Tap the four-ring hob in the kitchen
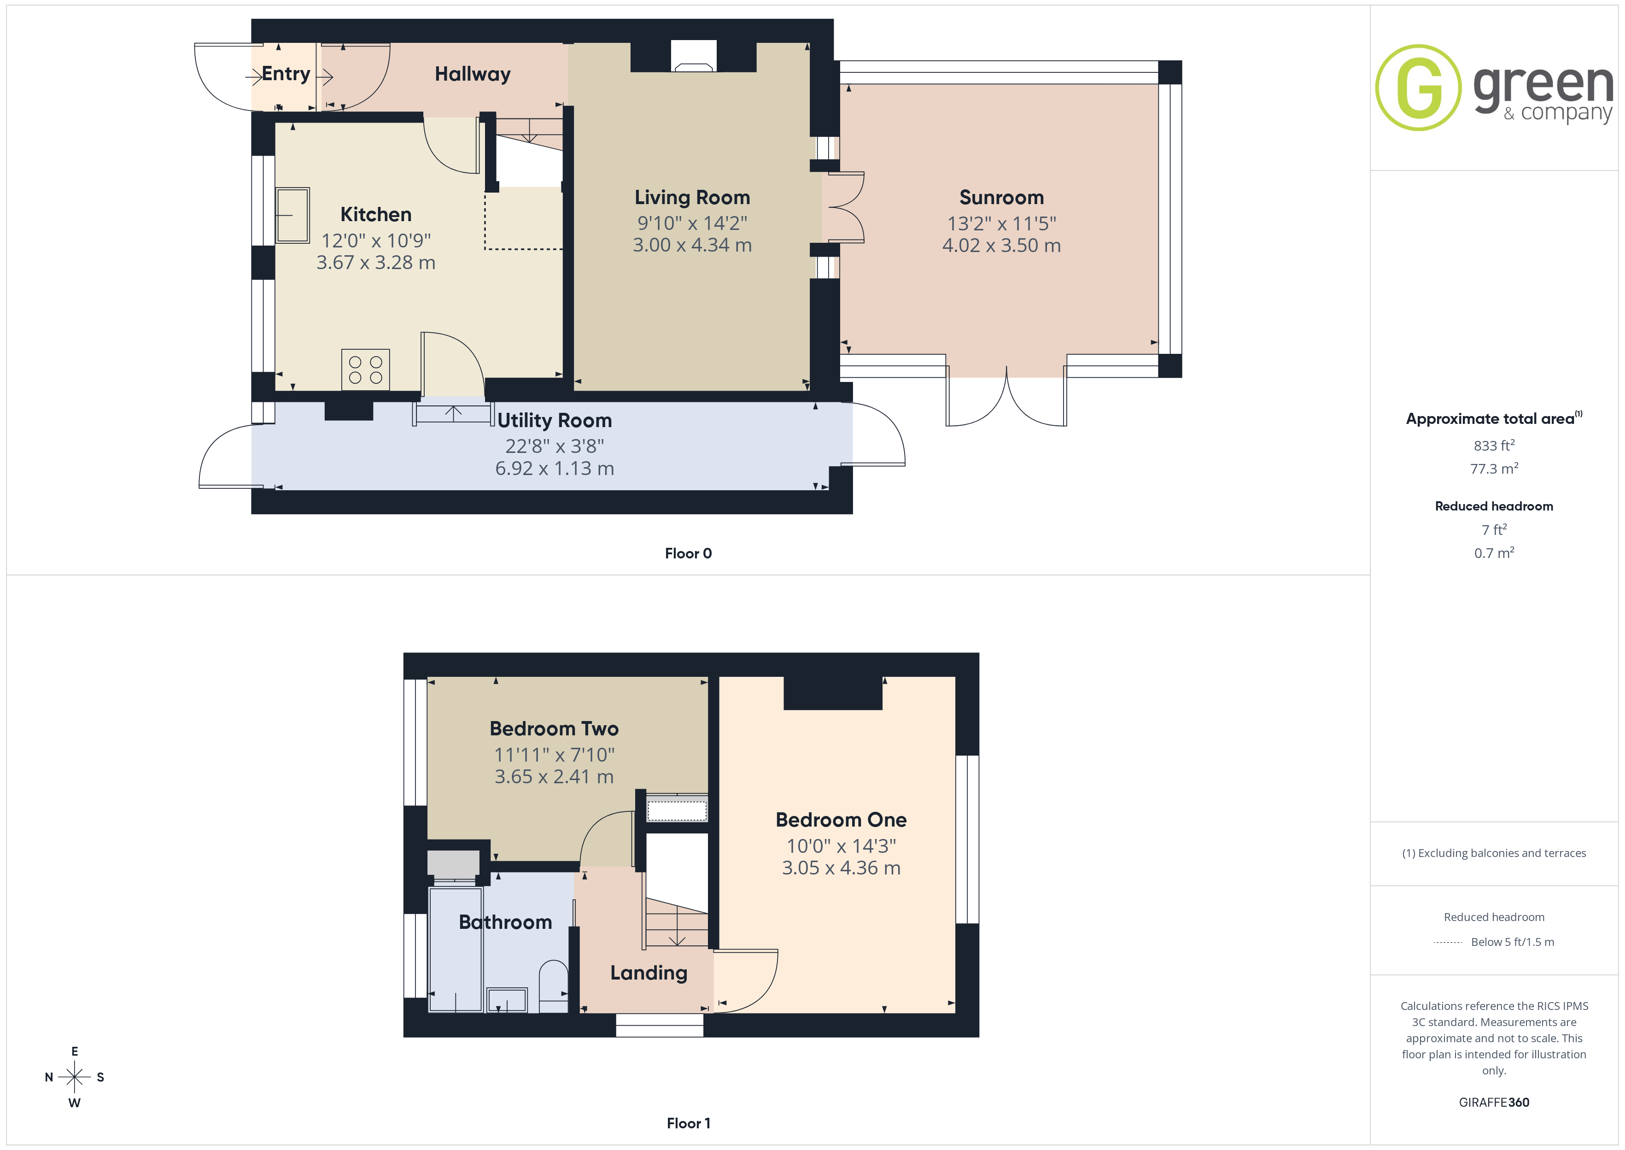(x=365, y=370)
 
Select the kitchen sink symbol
(x=292, y=215)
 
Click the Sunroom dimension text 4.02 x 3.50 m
(x=1001, y=245)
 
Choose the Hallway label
(x=472, y=74)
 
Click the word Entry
(x=286, y=74)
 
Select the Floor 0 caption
(x=688, y=553)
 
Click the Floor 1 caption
(x=688, y=1123)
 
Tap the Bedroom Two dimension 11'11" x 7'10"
(x=554, y=755)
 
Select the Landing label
(x=649, y=973)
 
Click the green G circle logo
(x=1418, y=88)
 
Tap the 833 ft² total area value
(x=1494, y=446)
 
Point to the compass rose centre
(x=74, y=1077)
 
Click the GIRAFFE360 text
(x=1494, y=1103)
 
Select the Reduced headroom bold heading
(x=1494, y=506)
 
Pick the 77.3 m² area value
(x=1494, y=469)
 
